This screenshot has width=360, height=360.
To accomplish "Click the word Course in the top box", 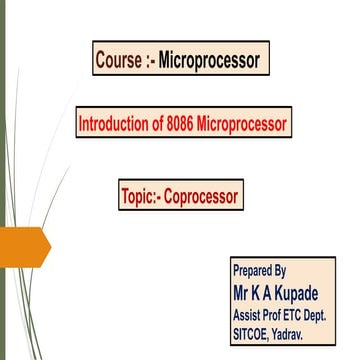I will pos(117,60).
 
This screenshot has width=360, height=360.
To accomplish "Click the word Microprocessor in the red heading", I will pos(246,124).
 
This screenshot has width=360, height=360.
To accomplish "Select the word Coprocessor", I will pos(203,196).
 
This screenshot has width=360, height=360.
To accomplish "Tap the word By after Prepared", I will pos(280,271).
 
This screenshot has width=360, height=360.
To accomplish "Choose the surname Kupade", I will pos(300,292).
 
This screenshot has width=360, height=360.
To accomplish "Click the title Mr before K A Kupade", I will pos(242,292).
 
